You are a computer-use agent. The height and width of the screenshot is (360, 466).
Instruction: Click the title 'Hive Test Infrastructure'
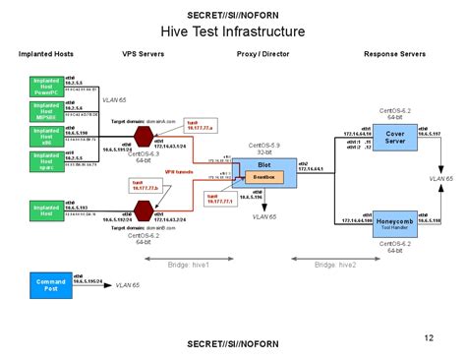[232, 31]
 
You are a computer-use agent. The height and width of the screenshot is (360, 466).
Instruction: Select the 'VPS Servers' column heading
[143, 57]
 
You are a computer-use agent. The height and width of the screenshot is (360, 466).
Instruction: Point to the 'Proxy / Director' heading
[263, 57]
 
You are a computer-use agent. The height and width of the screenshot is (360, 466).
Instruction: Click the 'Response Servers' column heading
[393, 57]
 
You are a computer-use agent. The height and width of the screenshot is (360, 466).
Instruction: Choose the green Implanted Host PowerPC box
[46, 86]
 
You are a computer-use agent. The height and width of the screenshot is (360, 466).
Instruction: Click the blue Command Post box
[46, 286]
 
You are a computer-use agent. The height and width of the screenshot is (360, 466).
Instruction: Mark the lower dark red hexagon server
[145, 209]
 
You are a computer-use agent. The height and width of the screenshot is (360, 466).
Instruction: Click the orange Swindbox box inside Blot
[262, 176]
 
